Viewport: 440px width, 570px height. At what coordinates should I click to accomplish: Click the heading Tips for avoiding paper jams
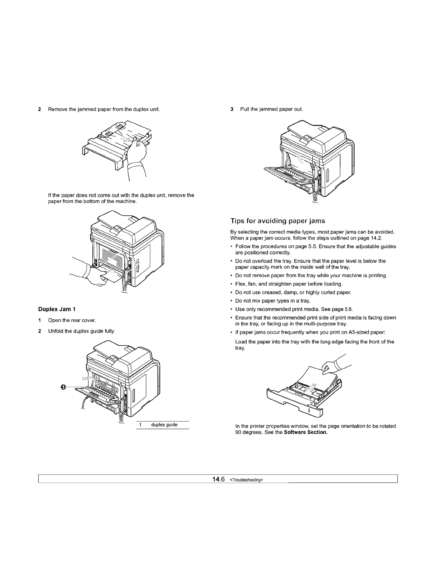278,221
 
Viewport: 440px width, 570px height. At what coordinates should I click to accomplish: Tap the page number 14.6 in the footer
219,479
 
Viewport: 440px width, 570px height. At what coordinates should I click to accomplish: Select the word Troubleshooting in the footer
247,480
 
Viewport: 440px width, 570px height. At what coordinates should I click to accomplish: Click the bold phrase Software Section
305,433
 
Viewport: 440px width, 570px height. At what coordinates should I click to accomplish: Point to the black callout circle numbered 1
63,387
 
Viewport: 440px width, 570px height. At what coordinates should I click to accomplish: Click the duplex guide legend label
164,425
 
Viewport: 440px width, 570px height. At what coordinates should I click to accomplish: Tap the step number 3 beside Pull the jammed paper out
232,109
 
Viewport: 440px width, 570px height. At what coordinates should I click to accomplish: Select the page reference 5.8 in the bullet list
349,310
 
